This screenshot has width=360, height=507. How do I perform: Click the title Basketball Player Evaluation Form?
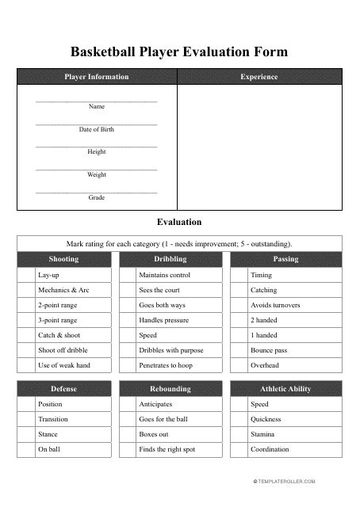tap(179, 52)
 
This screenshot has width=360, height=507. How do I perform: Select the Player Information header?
tap(96, 77)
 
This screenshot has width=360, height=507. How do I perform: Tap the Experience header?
tap(259, 77)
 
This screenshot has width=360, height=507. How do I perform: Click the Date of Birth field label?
tap(96, 129)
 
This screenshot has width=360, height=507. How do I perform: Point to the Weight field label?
tap(96, 174)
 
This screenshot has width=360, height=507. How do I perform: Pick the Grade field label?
tap(96, 197)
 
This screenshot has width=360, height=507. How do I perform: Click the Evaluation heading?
tap(180, 223)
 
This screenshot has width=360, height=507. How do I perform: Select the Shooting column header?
tap(63, 259)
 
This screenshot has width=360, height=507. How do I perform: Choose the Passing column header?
tap(285, 259)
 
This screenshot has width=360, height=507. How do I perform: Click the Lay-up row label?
tap(48, 275)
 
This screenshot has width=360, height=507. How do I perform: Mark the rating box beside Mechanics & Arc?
tap(25, 290)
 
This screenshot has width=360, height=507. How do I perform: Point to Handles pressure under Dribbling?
tap(163, 320)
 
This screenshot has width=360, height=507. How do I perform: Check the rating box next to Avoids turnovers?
tap(238, 305)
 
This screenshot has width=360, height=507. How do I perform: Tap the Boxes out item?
tap(153, 434)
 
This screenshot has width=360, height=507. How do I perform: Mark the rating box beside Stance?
tap(25, 434)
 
